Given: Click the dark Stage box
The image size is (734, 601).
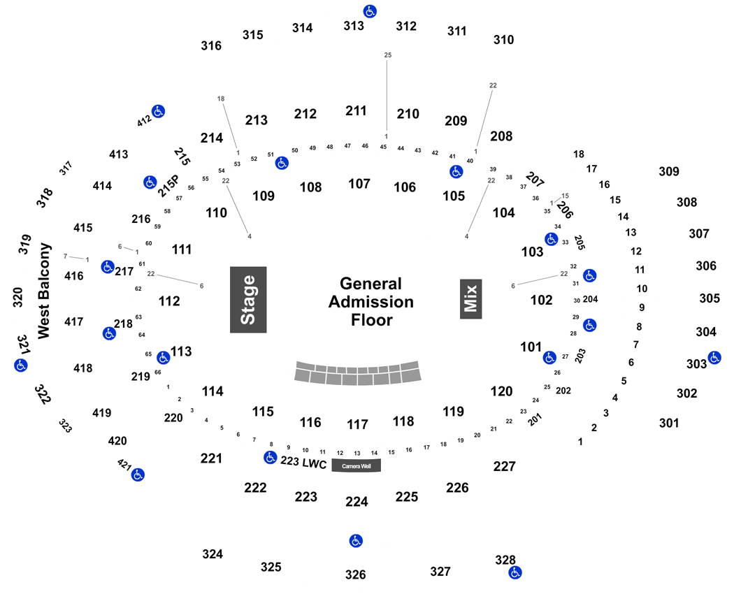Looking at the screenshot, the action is click(248, 300).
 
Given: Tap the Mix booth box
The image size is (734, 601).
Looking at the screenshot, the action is click(470, 299).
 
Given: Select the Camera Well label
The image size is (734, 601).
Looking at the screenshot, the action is click(357, 465).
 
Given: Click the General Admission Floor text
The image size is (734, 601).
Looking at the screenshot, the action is click(371, 302).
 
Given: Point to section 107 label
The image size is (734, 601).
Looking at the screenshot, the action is click(359, 184).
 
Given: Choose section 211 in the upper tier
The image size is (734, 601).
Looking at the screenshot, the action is click(356, 111).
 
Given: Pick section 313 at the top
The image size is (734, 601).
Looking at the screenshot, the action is click(354, 26).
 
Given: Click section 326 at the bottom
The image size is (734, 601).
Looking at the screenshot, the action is click(355, 574).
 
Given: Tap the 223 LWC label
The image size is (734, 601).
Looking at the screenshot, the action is click(303, 463).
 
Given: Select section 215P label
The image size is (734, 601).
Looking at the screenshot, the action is click(168, 186).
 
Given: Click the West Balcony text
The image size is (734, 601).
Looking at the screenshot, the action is click(44, 291).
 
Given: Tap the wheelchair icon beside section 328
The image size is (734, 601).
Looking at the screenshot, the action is click(515, 572).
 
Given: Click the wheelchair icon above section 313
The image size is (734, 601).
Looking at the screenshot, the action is click(370, 11).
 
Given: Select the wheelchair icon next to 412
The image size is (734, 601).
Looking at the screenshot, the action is click(158, 111).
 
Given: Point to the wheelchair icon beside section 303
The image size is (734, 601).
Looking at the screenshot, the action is click(714, 358).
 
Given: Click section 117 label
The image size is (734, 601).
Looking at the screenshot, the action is click(357, 424).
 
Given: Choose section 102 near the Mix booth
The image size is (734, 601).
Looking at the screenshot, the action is click(541, 300).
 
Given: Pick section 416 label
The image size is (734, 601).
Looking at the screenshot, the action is click(74, 276).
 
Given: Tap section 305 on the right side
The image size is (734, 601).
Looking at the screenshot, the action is click(710, 298).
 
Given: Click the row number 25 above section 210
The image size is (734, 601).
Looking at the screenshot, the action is click(387, 55).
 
